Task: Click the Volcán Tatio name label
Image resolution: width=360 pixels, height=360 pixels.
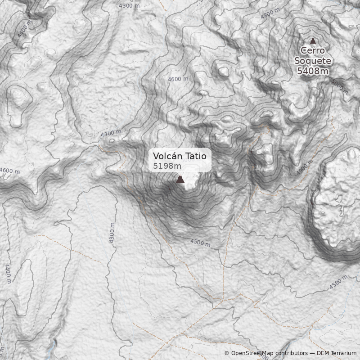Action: click(180, 156)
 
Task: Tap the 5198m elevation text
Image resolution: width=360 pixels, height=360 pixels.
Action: click(164, 166)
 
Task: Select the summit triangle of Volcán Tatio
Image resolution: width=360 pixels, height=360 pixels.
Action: click(180, 180)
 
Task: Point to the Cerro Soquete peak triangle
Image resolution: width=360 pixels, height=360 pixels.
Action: click(313, 41)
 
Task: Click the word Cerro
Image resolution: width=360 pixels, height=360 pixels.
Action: click(313, 51)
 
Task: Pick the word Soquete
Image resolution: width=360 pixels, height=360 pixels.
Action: click(313, 61)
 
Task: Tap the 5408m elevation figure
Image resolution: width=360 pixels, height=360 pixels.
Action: click(313, 71)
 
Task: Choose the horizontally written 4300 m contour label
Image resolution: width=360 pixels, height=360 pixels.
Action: click(129, 6)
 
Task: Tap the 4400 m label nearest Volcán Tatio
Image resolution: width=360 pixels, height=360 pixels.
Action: click(111, 133)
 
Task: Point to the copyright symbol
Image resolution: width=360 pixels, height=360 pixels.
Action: click(227, 353)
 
